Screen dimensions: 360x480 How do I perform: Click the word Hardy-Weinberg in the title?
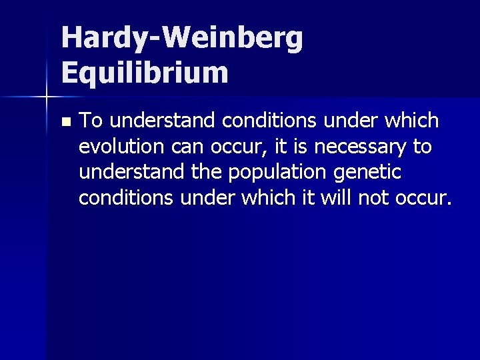tap(182, 39)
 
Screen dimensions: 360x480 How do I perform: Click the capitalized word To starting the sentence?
tap(91, 121)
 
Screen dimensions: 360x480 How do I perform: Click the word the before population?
tap(207, 171)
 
